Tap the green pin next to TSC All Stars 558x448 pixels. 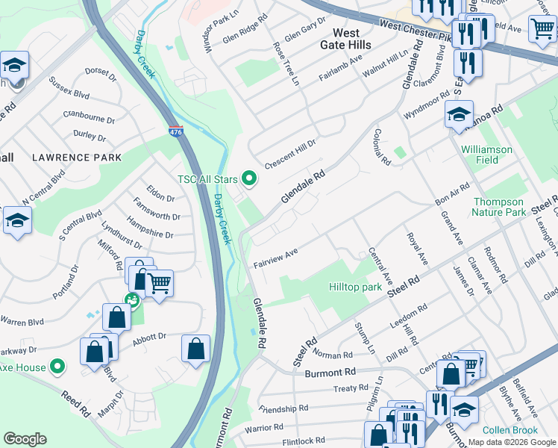(250, 178)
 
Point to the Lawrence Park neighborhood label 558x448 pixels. (76, 158)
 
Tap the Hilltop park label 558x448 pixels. (355, 287)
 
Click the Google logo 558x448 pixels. (25, 439)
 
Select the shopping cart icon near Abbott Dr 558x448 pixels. (159, 284)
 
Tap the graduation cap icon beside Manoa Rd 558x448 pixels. (459, 114)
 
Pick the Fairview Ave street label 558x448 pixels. (275, 258)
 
